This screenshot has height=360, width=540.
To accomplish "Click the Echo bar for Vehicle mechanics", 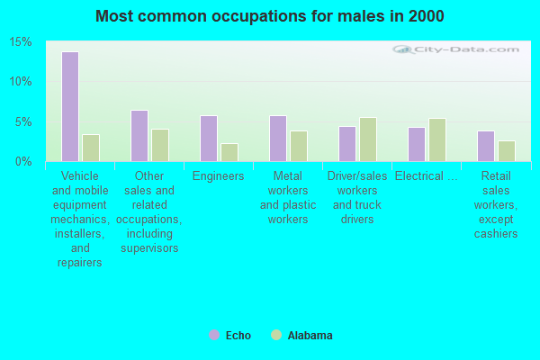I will [x=70, y=106].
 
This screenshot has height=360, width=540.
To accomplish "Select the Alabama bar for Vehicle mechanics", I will [x=91, y=148].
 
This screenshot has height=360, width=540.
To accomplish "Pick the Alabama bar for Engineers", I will [x=229, y=152].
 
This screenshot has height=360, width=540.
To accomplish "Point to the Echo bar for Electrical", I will [x=417, y=144].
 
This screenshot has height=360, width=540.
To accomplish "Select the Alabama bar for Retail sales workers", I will [x=507, y=151].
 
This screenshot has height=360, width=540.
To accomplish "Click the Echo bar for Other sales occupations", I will [x=139, y=136].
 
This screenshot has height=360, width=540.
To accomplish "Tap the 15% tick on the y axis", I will [x=21, y=42].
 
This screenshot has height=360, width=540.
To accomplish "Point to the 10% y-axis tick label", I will [x=21, y=82].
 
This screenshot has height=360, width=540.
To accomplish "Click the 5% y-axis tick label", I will [x=24, y=121].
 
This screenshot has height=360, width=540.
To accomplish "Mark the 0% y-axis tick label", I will [x=24, y=161].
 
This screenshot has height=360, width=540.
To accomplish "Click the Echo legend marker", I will [x=214, y=335].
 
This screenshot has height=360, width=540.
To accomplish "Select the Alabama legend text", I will [x=310, y=336].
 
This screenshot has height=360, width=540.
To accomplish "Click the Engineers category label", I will [x=219, y=176].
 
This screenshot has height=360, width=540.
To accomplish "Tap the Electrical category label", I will [x=427, y=176].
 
